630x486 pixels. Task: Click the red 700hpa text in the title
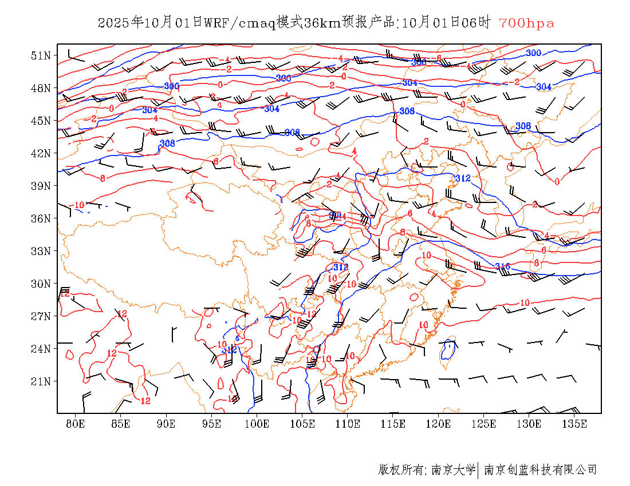tap(526, 23)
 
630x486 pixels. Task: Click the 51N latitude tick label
tap(41, 55)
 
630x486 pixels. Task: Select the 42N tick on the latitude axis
tap(41, 153)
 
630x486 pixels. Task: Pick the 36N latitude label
tap(41, 218)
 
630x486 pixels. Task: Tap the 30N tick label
tap(41, 284)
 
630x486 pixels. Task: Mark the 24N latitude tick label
tap(41, 349)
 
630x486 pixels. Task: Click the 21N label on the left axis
tap(41, 381)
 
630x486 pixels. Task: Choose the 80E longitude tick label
tap(76, 424)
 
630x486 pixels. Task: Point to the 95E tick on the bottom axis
tap(212, 424)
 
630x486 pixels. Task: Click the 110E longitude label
tap(348, 424)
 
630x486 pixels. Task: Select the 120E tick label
tap(439, 424)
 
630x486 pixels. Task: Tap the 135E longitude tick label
tap(574, 424)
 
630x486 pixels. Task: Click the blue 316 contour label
tap(502, 266)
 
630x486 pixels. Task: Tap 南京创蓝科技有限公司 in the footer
tap(540, 470)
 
